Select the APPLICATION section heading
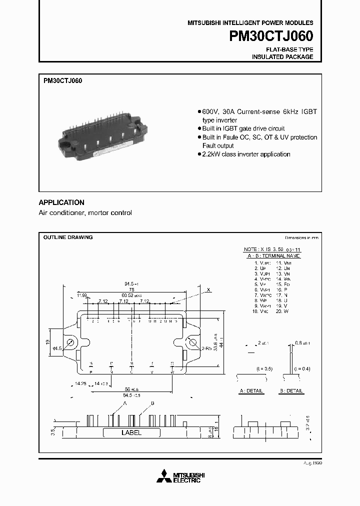pos(61,202)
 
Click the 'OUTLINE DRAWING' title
pos(67,237)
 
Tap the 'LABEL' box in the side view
pos(131,432)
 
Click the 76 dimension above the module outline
pos(131,289)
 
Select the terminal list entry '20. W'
pos(282,311)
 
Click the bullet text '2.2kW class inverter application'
pos(246,154)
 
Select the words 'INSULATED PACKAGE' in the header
pos(282,57)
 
